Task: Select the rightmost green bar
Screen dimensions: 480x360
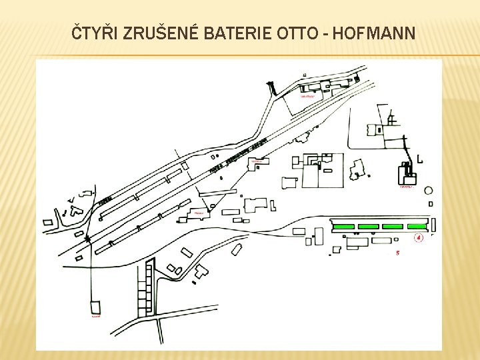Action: (415, 227)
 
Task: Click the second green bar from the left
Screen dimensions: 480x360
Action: (368, 227)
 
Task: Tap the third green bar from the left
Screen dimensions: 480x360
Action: (392, 227)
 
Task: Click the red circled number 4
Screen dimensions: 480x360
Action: (419, 237)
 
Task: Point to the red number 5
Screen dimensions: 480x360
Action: (397, 253)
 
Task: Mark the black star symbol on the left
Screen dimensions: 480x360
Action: (87, 237)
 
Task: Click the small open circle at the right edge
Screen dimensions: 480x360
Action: (429, 191)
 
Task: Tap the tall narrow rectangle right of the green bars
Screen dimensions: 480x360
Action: (434, 225)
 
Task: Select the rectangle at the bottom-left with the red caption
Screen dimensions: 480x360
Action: (95, 307)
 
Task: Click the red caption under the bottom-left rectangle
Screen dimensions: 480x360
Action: (96, 317)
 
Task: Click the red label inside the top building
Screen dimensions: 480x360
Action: (307, 95)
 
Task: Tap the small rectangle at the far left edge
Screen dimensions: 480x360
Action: (48, 222)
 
